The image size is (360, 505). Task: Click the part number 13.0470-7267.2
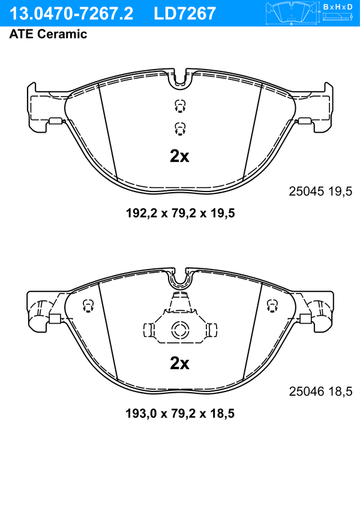point(71,14)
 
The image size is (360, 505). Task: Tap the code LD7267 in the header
point(185,14)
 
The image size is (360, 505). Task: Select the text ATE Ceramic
point(48,34)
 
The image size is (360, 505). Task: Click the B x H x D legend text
point(338,7)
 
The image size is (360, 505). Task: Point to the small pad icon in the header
point(291,14)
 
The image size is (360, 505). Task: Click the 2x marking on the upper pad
point(179,157)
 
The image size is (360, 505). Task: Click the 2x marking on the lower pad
point(179,363)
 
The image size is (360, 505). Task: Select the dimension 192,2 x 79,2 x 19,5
point(180,213)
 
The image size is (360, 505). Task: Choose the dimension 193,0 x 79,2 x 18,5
point(180,413)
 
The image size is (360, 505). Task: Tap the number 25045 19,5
point(320,192)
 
